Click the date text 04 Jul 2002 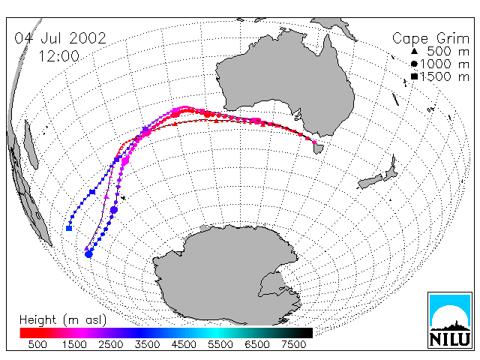pyautogui.click(x=60, y=38)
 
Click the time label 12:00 pyautogui.click(x=59, y=56)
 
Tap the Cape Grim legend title pyautogui.click(x=430, y=39)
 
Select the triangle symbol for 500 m pyautogui.click(x=414, y=52)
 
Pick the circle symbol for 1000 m pyautogui.click(x=414, y=64)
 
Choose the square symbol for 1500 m pyautogui.click(x=414, y=76)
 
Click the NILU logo pyautogui.click(x=450, y=320)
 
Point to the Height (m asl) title pyautogui.click(x=63, y=320)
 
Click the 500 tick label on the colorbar pyautogui.click(x=37, y=344)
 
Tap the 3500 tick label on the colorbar pyautogui.click(x=147, y=344)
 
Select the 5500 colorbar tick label pyautogui.click(x=220, y=344)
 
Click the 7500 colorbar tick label pyautogui.click(x=293, y=344)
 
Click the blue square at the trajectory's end pyautogui.click(x=69, y=228)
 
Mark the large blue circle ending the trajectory pyautogui.click(x=88, y=254)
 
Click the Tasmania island pyautogui.click(x=318, y=148)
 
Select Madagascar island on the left pyautogui.click(x=31, y=145)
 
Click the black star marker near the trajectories pyautogui.click(x=123, y=198)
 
